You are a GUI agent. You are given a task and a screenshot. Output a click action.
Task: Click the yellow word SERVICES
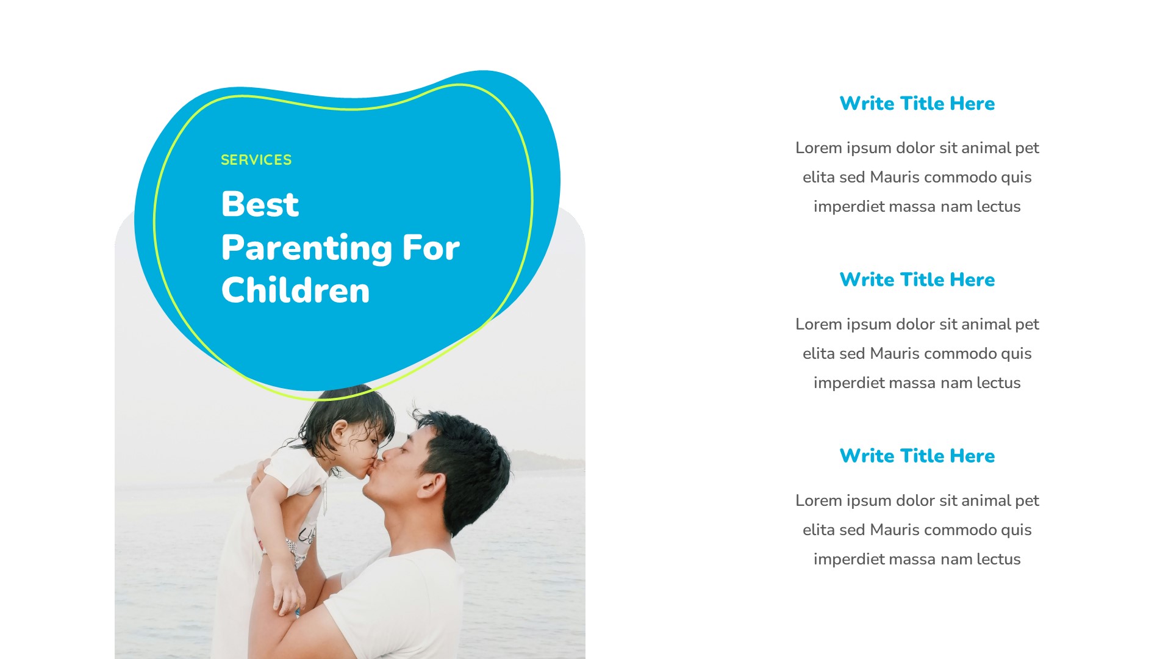(256, 160)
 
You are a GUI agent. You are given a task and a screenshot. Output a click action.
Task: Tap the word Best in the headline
(260, 204)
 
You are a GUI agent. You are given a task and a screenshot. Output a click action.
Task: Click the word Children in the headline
(296, 290)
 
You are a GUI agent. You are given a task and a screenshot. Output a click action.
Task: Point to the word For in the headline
(431, 248)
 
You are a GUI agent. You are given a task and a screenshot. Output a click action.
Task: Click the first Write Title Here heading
(917, 103)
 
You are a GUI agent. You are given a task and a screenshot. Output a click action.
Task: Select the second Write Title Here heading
(917, 279)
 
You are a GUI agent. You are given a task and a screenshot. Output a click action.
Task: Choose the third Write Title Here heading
(917, 456)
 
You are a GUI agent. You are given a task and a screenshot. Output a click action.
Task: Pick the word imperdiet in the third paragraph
(848, 559)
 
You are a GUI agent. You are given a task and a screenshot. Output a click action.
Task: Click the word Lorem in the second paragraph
(818, 324)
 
